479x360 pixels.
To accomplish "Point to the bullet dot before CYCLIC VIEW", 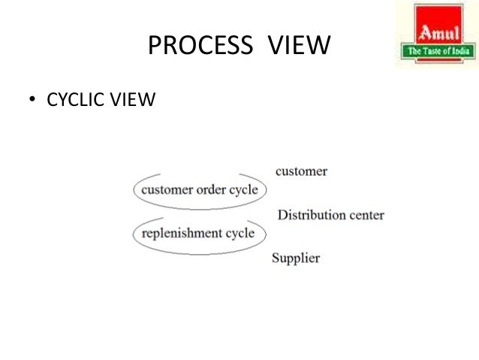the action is (32, 100).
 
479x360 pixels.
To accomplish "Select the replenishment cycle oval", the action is (199, 233).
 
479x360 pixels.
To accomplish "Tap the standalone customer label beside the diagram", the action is (301, 171).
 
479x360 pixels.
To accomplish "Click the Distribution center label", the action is (331, 215).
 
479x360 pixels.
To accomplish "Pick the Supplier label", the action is (295, 258).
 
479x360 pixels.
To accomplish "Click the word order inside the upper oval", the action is (212, 190).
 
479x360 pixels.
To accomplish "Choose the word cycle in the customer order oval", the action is (243, 190).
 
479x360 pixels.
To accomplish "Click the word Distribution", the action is (312, 215).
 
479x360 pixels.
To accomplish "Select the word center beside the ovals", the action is (366, 215).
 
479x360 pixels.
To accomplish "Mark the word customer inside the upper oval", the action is (167, 190).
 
